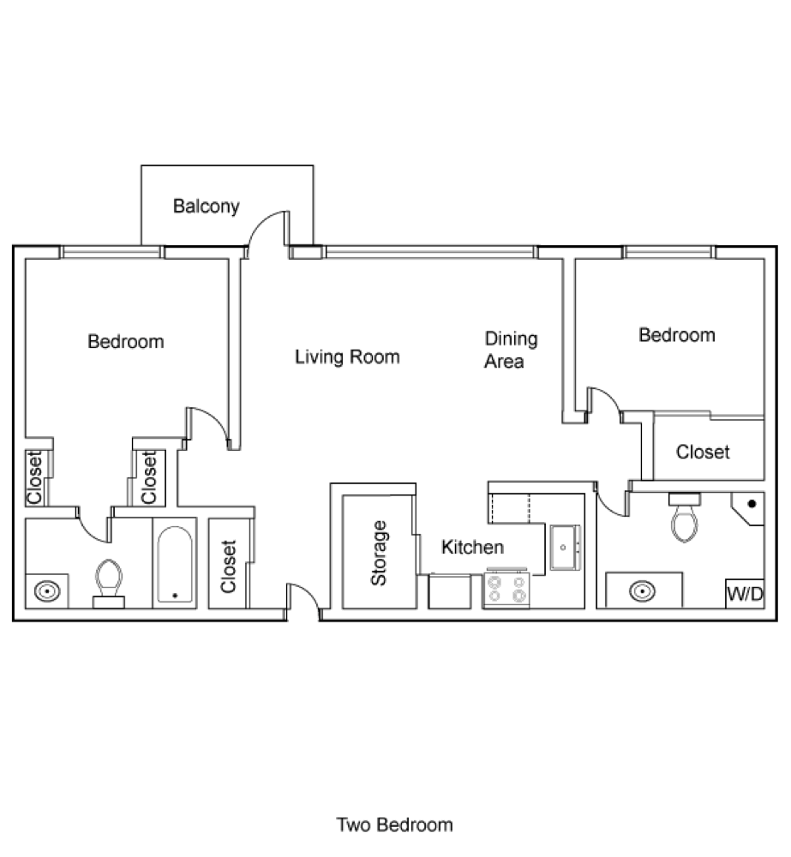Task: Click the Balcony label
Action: point(206,207)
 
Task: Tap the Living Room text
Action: point(347,357)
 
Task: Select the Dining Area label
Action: point(511,350)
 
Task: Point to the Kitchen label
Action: point(472,547)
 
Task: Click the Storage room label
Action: point(378,553)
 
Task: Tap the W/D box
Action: point(744,593)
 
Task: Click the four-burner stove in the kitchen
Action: point(506,590)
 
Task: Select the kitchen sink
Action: point(565,546)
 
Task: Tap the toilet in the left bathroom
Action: point(109,580)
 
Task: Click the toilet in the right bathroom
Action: point(685,521)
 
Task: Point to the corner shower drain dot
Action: point(752,504)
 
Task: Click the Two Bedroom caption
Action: point(394,825)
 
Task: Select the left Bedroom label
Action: point(126,342)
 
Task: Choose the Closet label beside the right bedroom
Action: point(703,452)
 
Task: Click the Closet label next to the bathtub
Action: point(228,566)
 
